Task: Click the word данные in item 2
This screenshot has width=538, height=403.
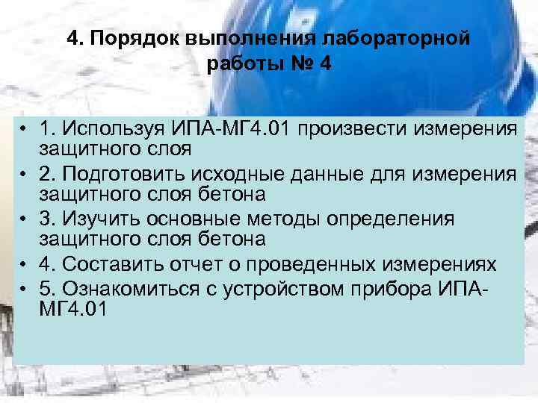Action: tap(333, 174)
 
